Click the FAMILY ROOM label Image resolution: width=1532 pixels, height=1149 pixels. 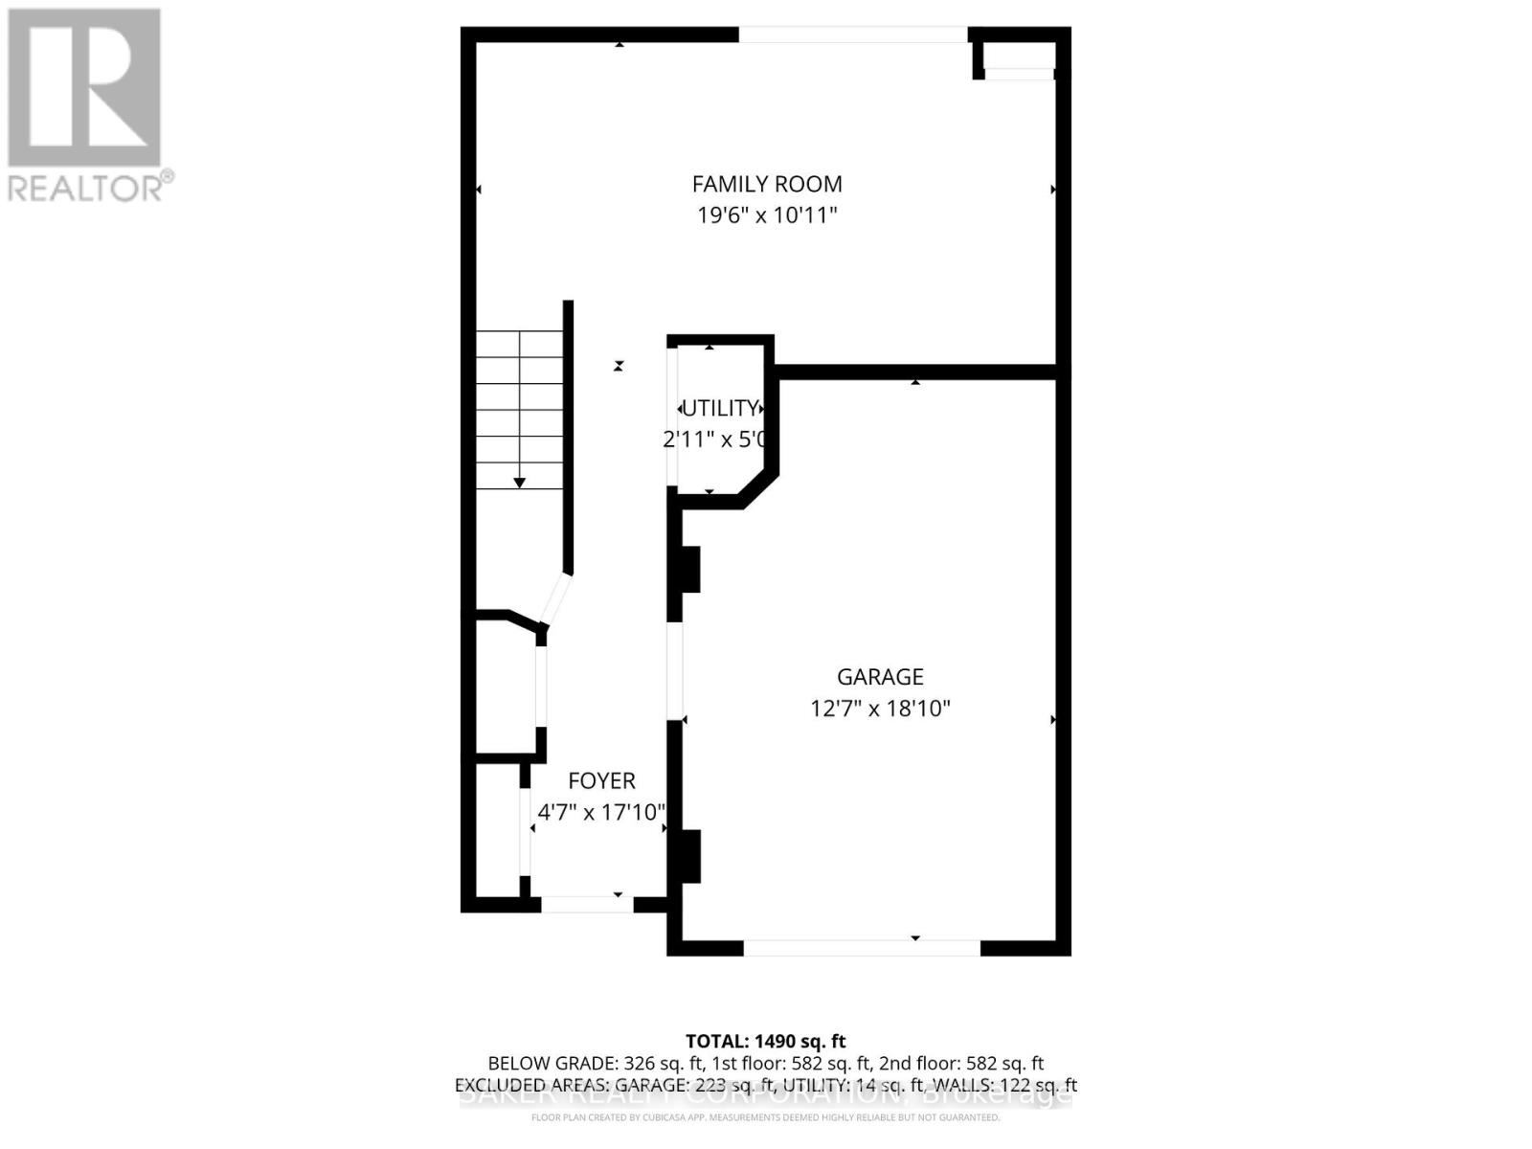tap(767, 184)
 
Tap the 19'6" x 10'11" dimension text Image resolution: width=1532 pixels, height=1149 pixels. tap(767, 214)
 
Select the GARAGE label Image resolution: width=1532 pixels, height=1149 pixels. tap(880, 677)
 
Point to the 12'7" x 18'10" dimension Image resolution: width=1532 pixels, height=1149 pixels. tap(880, 709)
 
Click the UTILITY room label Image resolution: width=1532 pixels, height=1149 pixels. tap(720, 409)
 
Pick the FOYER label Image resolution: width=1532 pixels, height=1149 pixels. tap(601, 780)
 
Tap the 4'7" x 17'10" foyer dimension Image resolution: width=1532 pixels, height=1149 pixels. tap(601, 813)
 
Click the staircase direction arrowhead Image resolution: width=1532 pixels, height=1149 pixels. tap(519, 484)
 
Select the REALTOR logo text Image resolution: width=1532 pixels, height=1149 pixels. tap(90, 187)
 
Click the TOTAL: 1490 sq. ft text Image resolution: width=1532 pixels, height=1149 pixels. tap(766, 1041)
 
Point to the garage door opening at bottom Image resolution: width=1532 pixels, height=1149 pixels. tap(862, 948)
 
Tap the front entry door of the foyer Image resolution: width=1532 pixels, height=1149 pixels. tap(587, 904)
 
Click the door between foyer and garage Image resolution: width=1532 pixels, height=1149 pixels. tap(675, 670)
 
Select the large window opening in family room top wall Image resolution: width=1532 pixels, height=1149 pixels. tap(853, 34)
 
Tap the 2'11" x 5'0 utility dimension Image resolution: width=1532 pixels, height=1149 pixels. tap(715, 439)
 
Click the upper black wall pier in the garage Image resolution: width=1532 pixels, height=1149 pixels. tap(689, 569)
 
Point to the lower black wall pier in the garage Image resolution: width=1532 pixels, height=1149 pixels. tap(689, 855)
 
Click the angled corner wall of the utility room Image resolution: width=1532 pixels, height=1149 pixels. tap(758, 485)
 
